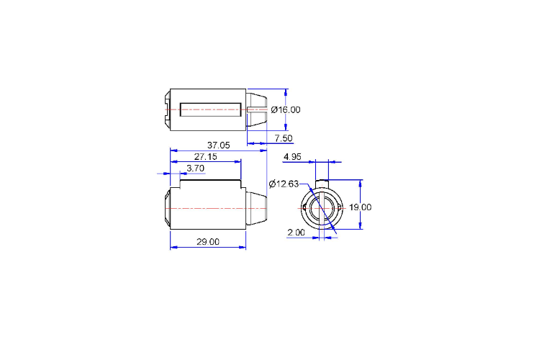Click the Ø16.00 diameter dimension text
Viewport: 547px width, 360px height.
coord(286,110)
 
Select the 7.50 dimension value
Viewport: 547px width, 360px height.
coord(284,138)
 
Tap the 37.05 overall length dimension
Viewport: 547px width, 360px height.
coord(218,145)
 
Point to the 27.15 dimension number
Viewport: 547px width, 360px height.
coord(205,157)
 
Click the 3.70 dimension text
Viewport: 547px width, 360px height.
coord(195,168)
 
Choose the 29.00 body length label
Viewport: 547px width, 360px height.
coord(208,242)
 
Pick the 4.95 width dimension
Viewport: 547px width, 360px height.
coord(292,157)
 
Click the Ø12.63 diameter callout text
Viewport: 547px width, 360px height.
coord(284,184)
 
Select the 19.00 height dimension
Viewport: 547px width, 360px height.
coord(361,207)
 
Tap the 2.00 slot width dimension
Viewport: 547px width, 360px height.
coord(297,233)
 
